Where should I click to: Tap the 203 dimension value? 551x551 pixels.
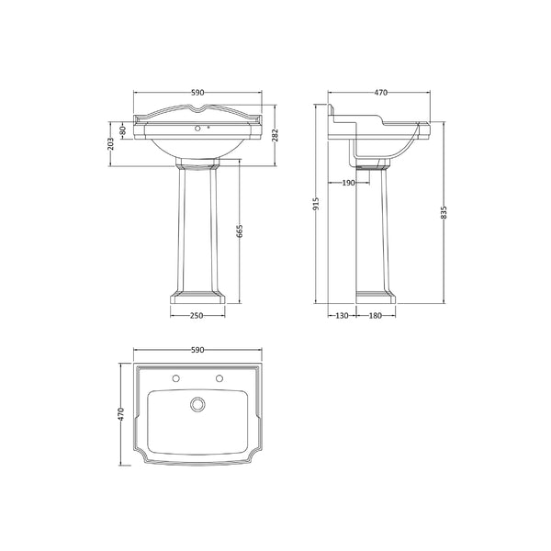(x=111, y=144)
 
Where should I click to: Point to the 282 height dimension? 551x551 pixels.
(x=275, y=135)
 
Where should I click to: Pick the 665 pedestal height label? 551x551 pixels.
(x=241, y=231)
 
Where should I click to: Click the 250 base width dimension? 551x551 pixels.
(x=196, y=316)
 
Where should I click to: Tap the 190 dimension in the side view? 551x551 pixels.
(x=348, y=183)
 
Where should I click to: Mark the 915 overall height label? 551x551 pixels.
(x=316, y=203)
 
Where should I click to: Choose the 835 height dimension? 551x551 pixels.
(x=444, y=212)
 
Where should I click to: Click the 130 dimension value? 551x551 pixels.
(x=342, y=316)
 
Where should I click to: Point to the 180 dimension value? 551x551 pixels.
(x=376, y=316)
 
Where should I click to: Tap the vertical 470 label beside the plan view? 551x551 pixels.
(x=120, y=414)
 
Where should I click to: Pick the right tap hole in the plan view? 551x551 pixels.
(x=219, y=378)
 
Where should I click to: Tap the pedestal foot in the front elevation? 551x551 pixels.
(x=196, y=297)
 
